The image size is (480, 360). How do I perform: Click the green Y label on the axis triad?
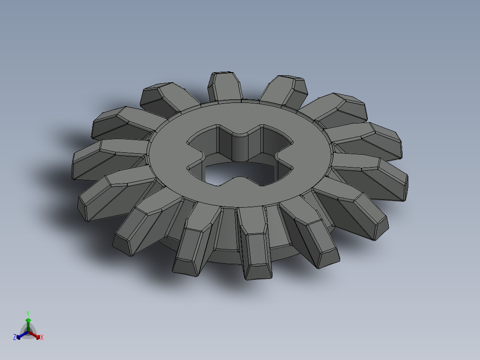click(28, 313)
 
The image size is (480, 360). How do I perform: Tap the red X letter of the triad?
click(42, 338)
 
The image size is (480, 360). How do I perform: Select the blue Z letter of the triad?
click(15, 338)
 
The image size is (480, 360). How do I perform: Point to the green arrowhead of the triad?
click(28, 320)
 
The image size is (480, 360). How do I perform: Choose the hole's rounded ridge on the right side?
click(281, 156)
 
